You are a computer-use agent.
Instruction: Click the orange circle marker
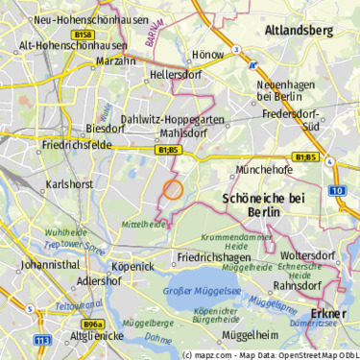[173, 189]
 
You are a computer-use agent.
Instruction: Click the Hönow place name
[209, 55]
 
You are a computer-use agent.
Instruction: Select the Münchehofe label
[266, 170]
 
